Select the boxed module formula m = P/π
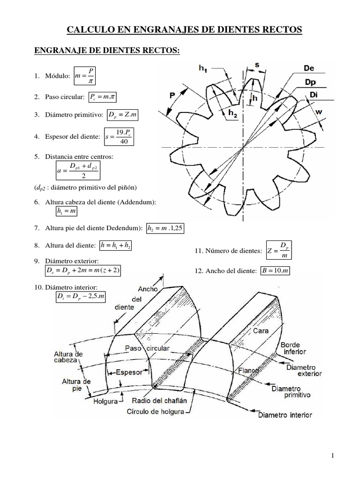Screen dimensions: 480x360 pos(85,75)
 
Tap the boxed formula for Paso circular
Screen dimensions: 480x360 pos(102,97)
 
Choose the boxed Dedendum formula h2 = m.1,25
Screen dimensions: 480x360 pos(165,228)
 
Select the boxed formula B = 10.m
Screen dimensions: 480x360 pos(275,271)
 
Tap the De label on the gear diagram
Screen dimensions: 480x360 pos(309,68)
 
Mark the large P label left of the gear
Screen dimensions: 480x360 pos(172,96)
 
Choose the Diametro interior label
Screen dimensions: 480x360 pos(285,415)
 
